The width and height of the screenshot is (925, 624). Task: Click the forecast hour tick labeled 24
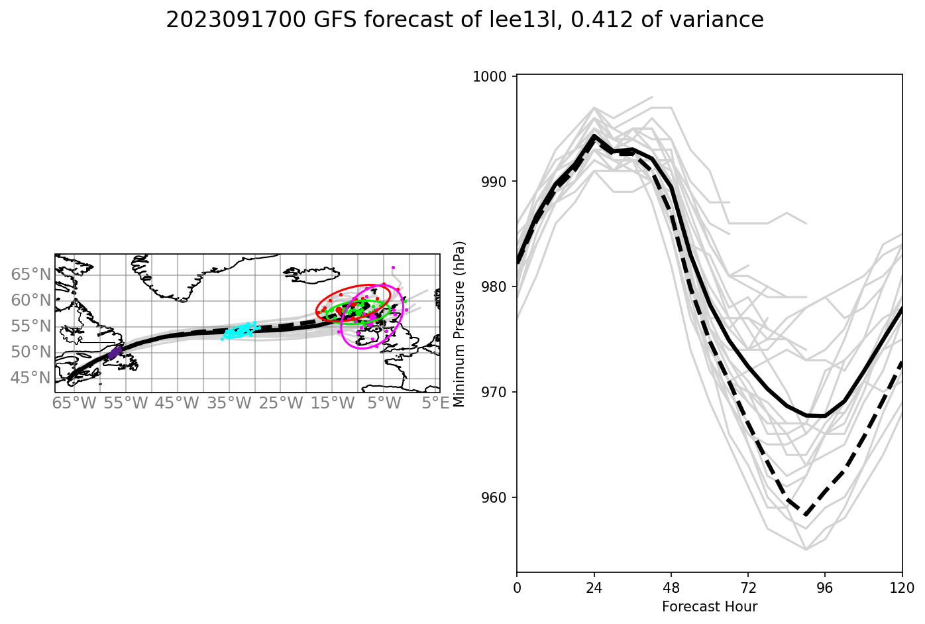tap(594, 588)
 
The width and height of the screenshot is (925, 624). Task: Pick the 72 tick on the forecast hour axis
tap(747, 588)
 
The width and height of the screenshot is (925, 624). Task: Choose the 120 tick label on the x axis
tap(902, 588)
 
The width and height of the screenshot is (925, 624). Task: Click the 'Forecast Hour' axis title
tap(709, 607)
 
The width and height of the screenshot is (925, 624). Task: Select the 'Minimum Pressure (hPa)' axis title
tap(459, 324)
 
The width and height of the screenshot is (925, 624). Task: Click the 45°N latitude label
tap(31, 378)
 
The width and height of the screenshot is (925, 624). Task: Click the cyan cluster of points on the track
tap(239, 330)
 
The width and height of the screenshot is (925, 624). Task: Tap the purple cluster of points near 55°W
tap(115, 352)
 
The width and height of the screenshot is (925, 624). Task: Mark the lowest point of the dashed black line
tap(805, 515)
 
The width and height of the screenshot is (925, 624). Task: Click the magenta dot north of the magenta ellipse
tap(393, 268)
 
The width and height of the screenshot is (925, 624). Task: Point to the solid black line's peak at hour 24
tap(594, 136)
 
